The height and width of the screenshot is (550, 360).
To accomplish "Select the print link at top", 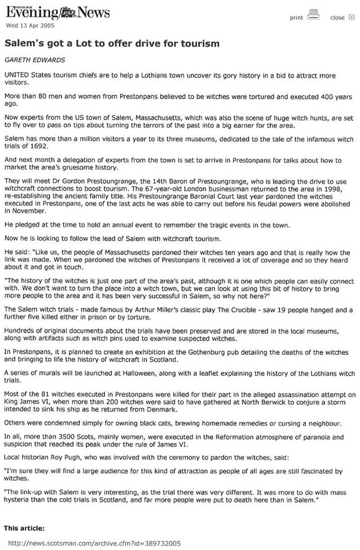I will click(x=296, y=17).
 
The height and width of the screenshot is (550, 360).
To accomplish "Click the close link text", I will click(x=337, y=17).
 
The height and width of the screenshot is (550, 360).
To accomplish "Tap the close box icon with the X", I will click(x=352, y=17).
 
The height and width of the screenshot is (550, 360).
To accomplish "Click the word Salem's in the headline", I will click(x=23, y=44).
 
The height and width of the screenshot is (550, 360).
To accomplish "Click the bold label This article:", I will click(x=24, y=528).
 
